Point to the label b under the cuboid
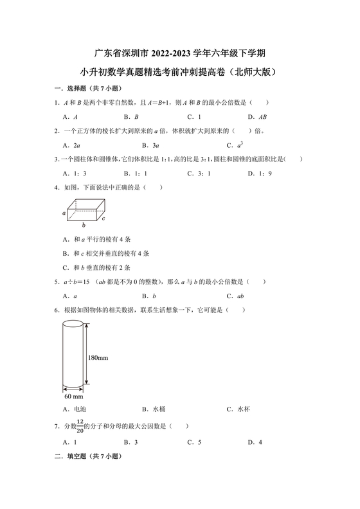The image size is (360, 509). click(84, 226)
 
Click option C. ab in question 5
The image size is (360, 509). click(235, 296)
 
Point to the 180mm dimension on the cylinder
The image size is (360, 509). click(99, 356)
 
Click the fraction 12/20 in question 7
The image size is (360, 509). click(80, 425)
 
